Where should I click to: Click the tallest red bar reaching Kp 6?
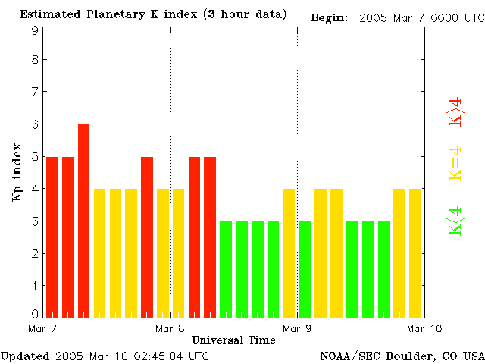83,220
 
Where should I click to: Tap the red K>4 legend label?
455,111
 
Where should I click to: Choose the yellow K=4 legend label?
455,163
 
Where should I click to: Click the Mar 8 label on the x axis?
170,328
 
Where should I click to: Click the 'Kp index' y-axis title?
17,172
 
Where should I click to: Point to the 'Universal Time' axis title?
233,340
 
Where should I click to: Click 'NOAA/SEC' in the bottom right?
346,356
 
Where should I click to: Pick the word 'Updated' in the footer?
24,356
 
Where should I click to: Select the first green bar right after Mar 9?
305,269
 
